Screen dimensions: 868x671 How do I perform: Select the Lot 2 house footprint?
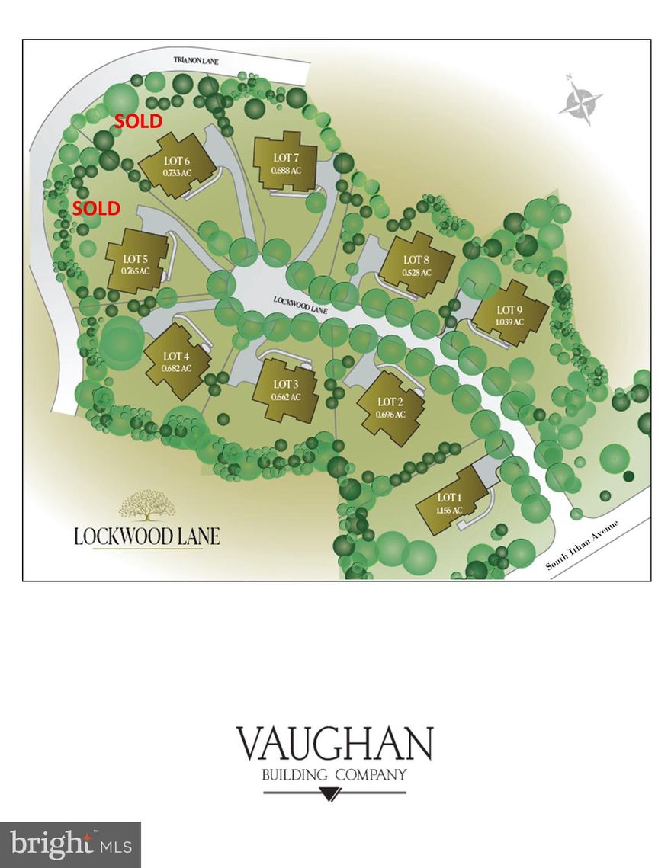(390, 408)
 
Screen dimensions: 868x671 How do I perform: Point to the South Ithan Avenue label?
(586, 546)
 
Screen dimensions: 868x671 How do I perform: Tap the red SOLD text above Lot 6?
(138, 120)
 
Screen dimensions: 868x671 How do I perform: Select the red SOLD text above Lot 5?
(97, 208)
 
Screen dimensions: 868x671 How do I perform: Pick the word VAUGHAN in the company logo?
(334, 744)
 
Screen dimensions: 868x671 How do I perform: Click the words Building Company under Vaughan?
(334, 775)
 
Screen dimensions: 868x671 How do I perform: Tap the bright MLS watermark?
(70, 844)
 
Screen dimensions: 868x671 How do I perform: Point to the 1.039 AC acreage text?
(509, 322)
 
